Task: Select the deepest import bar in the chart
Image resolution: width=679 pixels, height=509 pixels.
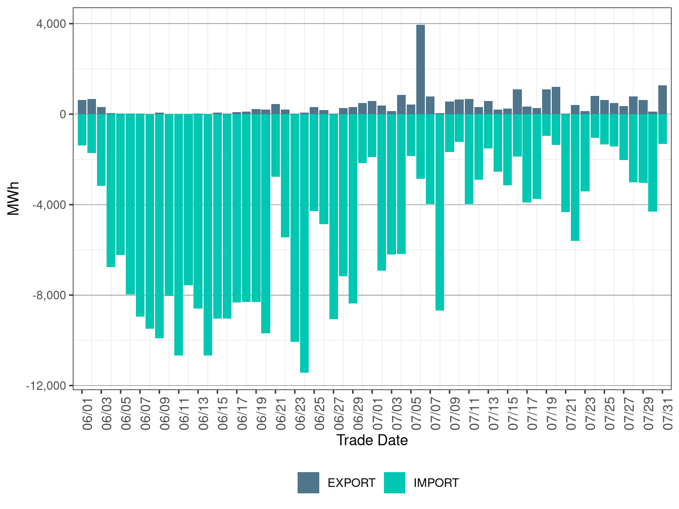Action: (x=304, y=242)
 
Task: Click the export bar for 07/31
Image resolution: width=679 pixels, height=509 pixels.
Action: (x=662, y=99)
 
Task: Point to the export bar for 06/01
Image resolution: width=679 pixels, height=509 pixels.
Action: (x=82, y=107)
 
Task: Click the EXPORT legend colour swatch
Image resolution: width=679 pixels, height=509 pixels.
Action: (x=308, y=483)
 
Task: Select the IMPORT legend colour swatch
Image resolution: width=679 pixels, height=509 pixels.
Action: (x=395, y=483)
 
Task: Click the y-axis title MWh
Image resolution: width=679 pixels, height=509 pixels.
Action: (x=14, y=198)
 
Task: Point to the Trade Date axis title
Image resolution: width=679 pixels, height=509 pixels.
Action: (x=372, y=440)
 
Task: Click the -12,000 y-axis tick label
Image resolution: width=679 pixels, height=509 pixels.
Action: (x=46, y=386)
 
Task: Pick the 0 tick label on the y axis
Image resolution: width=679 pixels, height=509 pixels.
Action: (x=63, y=114)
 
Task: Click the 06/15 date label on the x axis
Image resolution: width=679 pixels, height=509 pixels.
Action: (x=222, y=412)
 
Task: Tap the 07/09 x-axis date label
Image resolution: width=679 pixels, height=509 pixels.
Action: (x=455, y=412)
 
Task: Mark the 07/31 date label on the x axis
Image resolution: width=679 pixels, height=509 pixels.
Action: (x=667, y=412)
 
